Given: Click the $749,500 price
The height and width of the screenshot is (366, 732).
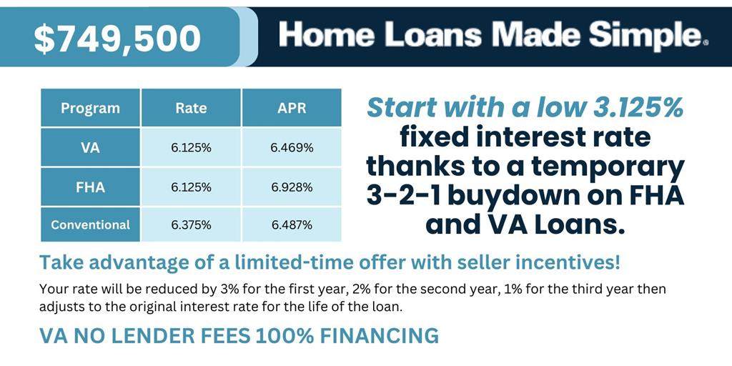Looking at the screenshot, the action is (118, 39).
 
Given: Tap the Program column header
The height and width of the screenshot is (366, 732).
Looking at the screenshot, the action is (90, 109).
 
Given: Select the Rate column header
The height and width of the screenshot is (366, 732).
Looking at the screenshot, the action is (191, 109).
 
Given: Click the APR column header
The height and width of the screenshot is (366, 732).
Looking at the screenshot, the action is (292, 109).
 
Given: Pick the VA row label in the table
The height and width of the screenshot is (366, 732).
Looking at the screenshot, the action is (90, 148).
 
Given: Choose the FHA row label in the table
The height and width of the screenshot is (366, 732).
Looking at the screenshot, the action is (90, 187).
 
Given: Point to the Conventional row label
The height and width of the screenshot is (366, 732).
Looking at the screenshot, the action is (90, 225).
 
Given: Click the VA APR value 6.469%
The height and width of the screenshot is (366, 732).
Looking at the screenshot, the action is (292, 148).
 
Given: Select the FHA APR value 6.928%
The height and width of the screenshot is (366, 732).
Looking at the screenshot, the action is (292, 187).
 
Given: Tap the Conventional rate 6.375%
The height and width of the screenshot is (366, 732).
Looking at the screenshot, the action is (191, 225).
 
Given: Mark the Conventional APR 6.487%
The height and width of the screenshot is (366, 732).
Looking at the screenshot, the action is (292, 225).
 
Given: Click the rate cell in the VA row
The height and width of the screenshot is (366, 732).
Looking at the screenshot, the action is (191, 148).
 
